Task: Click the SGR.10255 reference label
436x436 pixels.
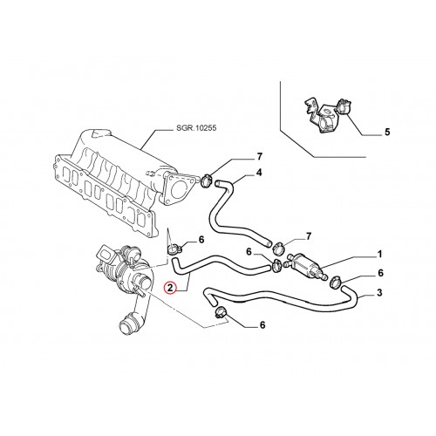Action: [196, 128]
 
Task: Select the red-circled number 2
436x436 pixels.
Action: [170, 288]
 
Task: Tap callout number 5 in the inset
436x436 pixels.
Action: [387, 132]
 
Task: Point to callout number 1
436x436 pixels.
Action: [379, 255]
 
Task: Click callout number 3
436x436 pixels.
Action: [379, 293]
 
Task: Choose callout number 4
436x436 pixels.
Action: [259, 173]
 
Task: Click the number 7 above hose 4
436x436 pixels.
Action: [259, 157]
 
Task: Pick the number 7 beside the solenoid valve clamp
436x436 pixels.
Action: [309, 235]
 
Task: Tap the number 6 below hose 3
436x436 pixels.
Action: [262, 325]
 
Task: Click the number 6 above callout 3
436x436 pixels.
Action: [380, 273]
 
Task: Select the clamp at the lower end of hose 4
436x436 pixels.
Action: [278, 249]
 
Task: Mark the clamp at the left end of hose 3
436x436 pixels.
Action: [220, 312]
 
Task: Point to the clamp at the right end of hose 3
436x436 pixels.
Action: [337, 282]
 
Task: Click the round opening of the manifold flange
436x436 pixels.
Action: [179, 189]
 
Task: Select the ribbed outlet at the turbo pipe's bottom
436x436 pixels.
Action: [126, 326]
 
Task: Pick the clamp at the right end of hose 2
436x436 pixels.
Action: [276, 266]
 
